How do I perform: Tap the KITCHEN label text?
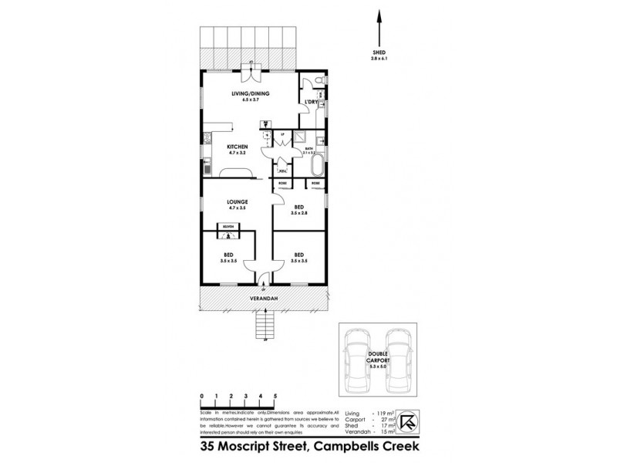tap(236, 147)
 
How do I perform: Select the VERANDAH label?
tap(264, 297)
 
